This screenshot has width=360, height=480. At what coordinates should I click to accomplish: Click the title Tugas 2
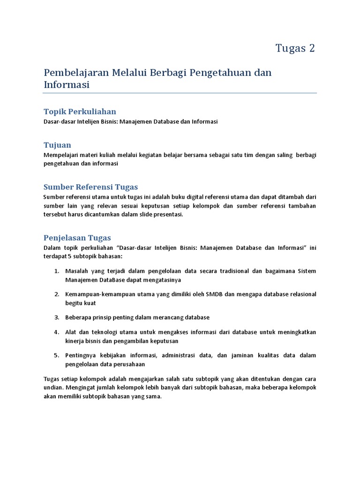(x=295, y=48)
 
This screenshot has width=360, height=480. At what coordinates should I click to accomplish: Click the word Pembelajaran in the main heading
(x=75, y=73)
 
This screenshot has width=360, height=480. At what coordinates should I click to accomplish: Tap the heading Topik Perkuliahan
(x=80, y=112)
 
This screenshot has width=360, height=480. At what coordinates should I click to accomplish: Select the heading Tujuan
(x=57, y=145)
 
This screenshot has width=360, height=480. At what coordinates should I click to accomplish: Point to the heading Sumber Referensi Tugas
(x=90, y=187)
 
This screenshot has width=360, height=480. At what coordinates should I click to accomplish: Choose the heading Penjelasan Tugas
(x=77, y=238)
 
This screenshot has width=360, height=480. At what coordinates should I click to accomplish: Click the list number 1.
(x=56, y=271)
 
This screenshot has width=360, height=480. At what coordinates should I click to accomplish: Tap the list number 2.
(x=56, y=294)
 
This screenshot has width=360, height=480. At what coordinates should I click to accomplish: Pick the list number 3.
(x=56, y=317)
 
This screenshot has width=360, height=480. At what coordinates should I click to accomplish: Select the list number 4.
(x=56, y=332)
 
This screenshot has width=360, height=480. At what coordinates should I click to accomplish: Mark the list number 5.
(x=56, y=355)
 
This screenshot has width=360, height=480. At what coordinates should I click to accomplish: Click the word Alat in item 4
(x=70, y=332)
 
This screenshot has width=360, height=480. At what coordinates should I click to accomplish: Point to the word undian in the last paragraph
(x=53, y=387)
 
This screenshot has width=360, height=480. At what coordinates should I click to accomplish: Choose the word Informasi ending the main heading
(x=66, y=85)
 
